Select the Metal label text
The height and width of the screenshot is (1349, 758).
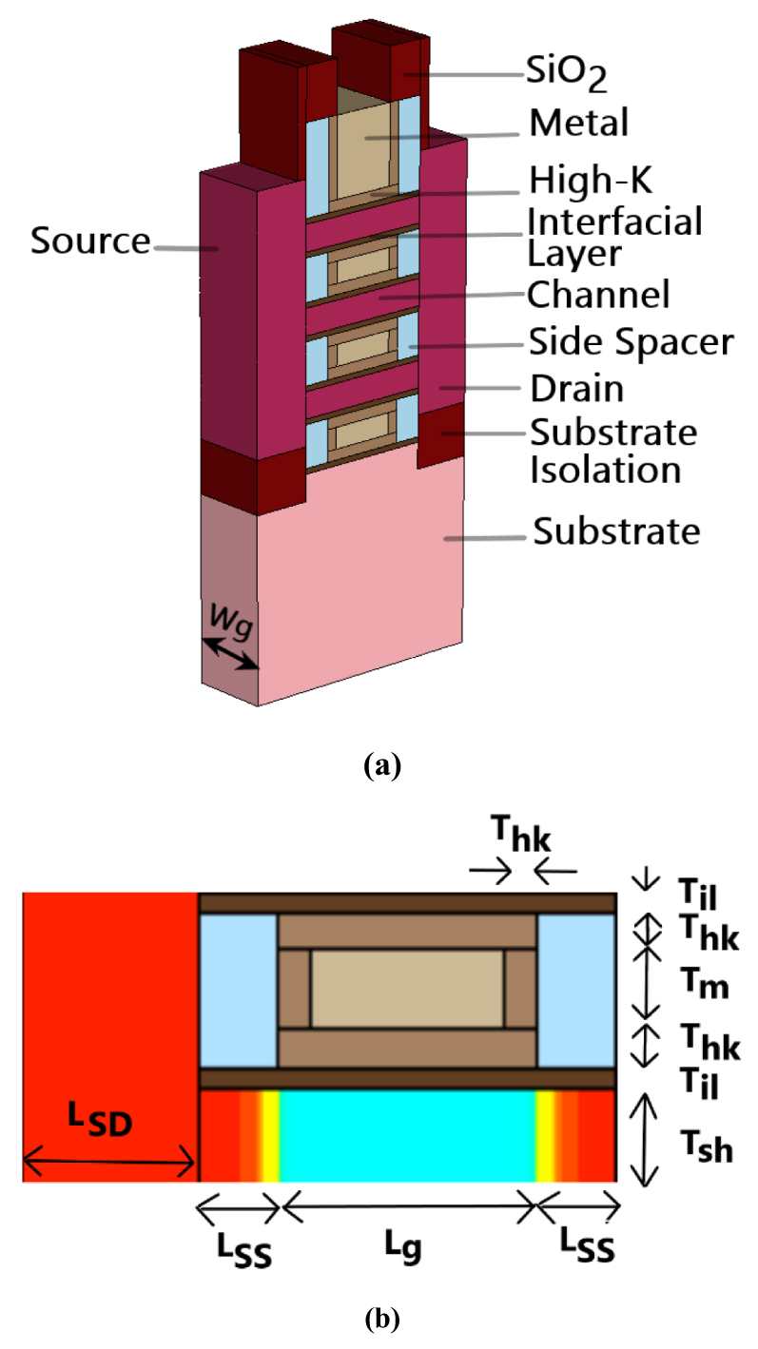click(579, 123)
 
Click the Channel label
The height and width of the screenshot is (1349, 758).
click(599, 294)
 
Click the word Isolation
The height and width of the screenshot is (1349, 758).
click(605, 470)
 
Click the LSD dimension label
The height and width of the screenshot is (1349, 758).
click(101, 1126)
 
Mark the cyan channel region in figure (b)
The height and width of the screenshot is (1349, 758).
click(407, 1136)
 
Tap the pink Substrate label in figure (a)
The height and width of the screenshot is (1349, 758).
click(615, 530)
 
